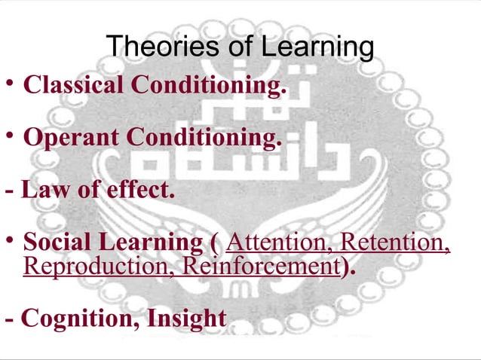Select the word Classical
click(x=74, y=86)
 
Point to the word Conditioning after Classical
click(x=209, y=86)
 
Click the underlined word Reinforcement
click(x=261, y=266)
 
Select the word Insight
click(x=186, y=318)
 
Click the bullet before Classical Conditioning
click(x=9, y=83)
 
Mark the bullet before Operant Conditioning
click(x=9, y=136)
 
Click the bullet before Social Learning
click(x=9, y=240)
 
